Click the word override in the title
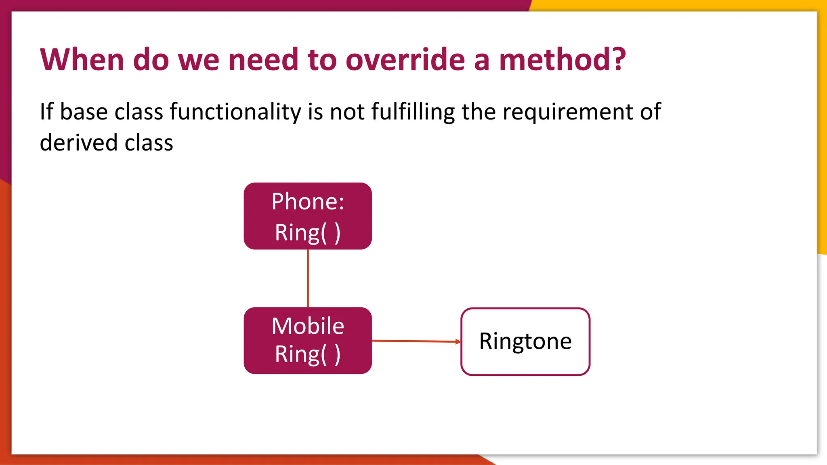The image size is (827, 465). pyautogui.click(x=405, y=60)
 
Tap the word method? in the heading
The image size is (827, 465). pyautogui.click(x=562, y=60)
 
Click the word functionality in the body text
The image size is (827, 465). pyautogui.click(x=235, y=112)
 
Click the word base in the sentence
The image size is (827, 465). pyautogui.click(x=84, y=112)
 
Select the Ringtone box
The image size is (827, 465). pyautogui.click(x=525, y=341)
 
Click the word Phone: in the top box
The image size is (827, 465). pyautogui.click(x=308, y=201)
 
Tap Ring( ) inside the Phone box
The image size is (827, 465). pyautogui.click(x=308, y=232)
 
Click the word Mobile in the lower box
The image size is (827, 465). pyautogui.click(x=308, y=326)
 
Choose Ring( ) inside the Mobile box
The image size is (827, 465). pyautogui.click(x=308, y=354)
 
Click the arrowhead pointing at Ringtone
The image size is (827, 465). pyautogui.click(x=458, y=341)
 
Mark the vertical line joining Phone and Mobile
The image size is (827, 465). pyautogui.click(x=308, y=279)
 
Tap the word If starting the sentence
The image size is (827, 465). pyautogui.click(x=46, y=112)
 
